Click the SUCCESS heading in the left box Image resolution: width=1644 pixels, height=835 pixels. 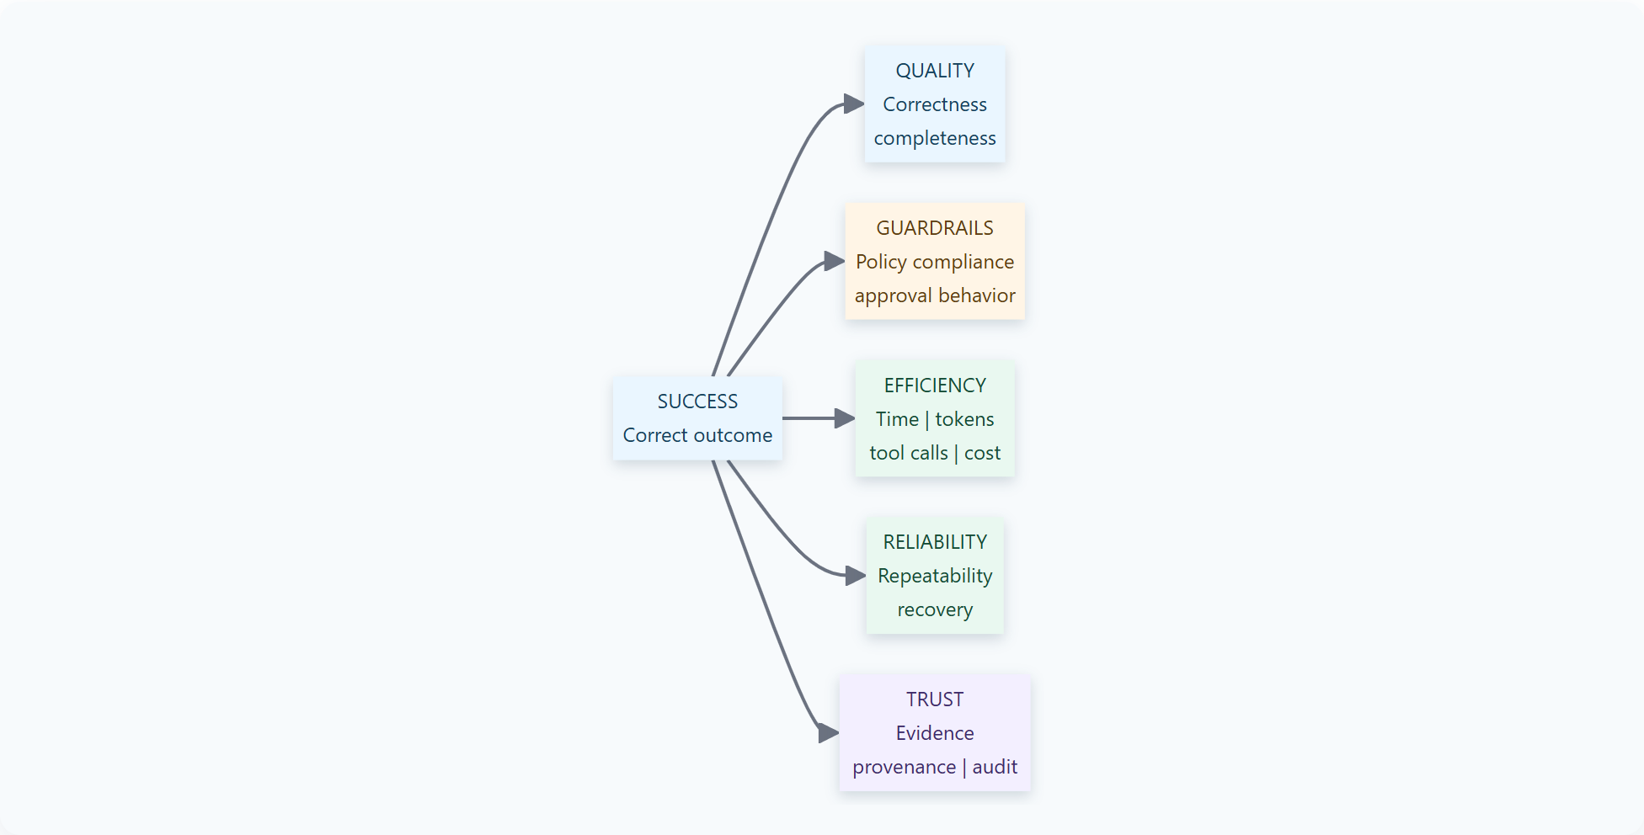click(697, 402)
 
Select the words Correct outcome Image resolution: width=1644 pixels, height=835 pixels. click(697, 435)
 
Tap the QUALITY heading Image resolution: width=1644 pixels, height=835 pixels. click(935, 71)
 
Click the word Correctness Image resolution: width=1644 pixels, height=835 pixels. click(935, 104)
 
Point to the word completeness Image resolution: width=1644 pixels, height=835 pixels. click(935, 138)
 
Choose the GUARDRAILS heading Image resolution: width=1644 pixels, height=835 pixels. click(935, 228)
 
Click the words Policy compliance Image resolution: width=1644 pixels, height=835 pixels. click(935, 262)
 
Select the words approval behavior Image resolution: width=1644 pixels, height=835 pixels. click(935, 295)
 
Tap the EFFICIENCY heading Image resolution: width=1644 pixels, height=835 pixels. click(935, 386)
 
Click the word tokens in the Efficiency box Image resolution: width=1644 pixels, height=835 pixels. click(964, 419)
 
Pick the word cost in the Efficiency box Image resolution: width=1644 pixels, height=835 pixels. click(982, 453)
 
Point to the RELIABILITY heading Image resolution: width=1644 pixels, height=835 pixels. click(935, 542)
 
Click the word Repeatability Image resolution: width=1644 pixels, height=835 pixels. click(935, 576)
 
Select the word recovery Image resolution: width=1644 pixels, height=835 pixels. click(935, 609)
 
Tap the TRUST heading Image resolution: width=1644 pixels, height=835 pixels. click(935, 699)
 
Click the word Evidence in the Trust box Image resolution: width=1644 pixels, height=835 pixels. click(935, 733)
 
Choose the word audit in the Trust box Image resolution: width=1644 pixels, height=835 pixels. click(995, 767)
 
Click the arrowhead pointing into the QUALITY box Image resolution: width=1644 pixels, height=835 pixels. click(854, 104)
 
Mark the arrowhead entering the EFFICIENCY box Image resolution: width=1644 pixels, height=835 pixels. click(845, 418)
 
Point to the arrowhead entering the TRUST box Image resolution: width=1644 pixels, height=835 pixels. click(829, 733)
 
